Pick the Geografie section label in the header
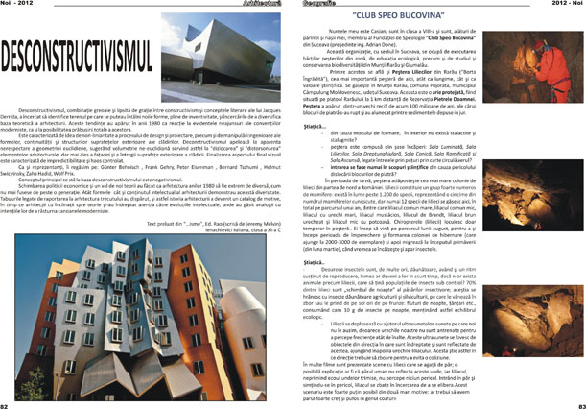tap(326, 4)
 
